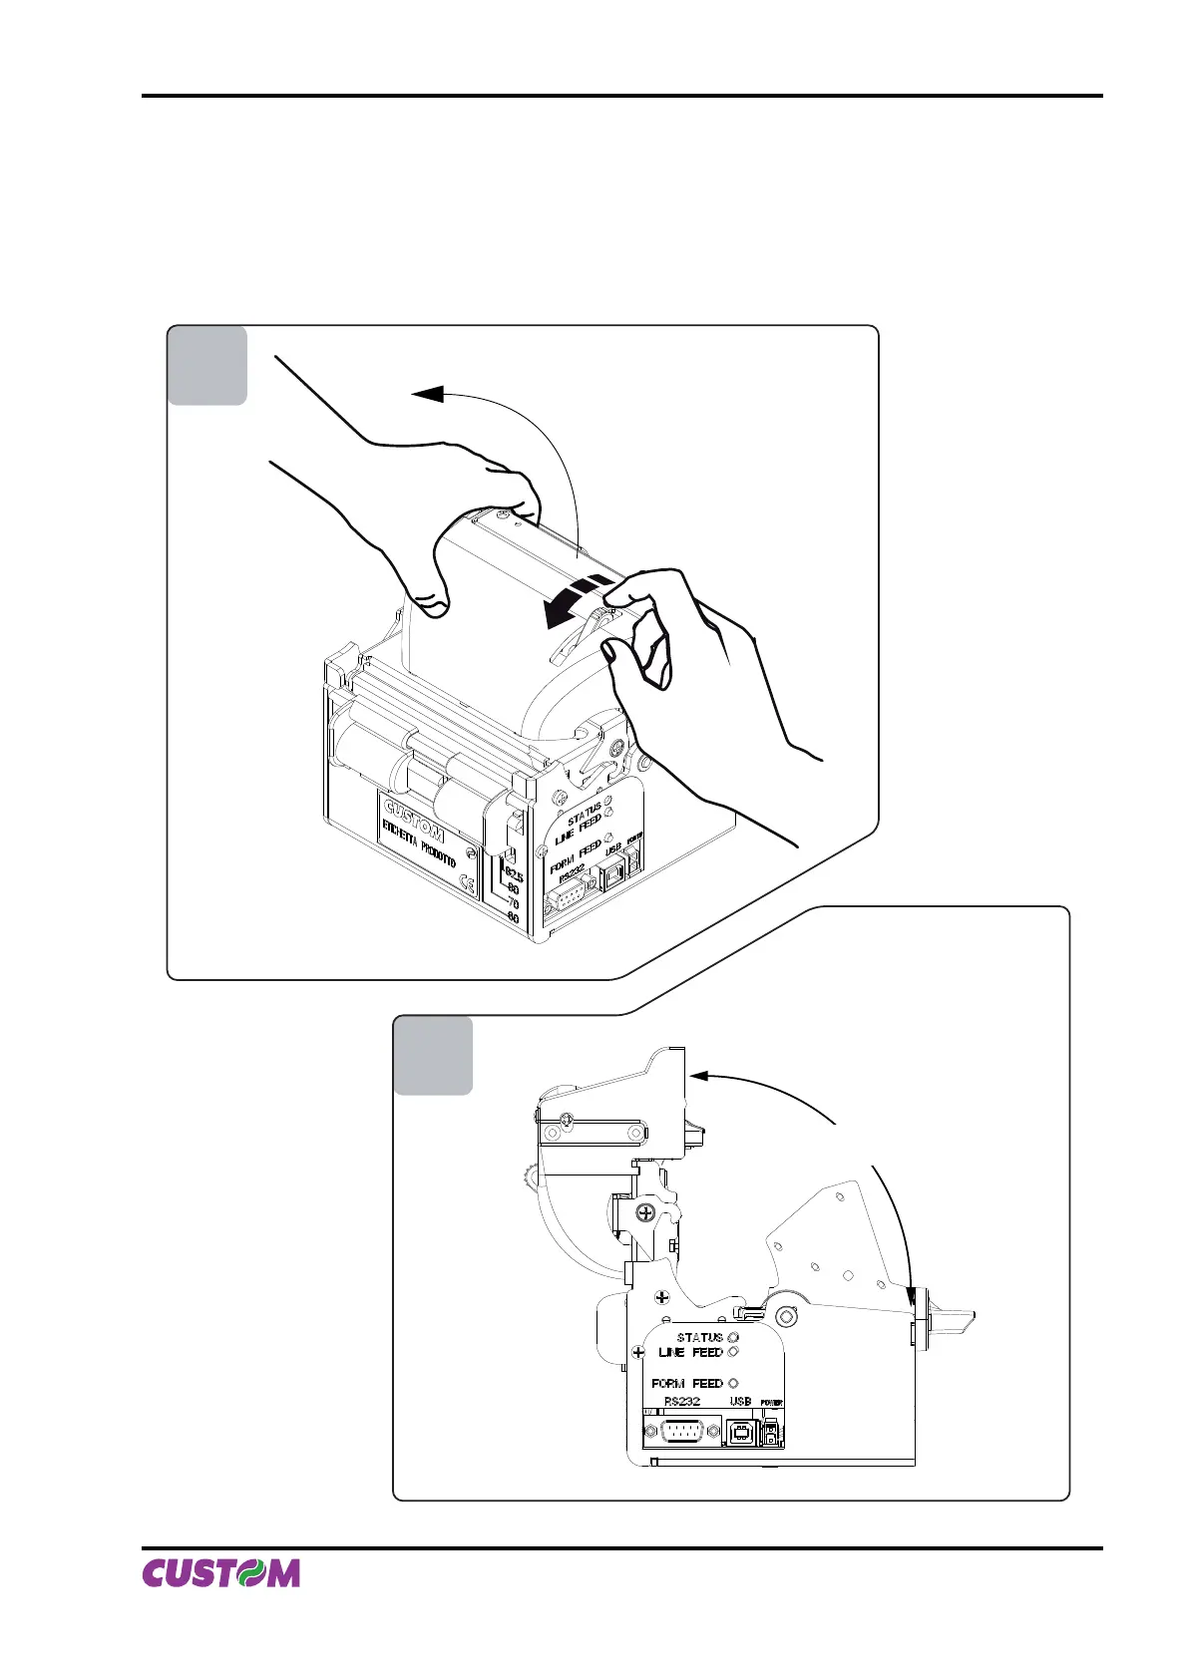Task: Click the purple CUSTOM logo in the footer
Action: [x=220, y=1572]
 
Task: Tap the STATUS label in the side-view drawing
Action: [x=699, y=1337]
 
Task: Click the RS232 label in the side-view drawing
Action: [x=682, y=1401]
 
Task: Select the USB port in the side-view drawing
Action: [x=740, y=1433]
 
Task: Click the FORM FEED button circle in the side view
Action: [x=734, y=1383]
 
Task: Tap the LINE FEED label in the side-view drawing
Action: [x=690, y=1353]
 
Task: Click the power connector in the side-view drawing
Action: [x=771, y=1435]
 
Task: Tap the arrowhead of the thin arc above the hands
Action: [x=428, y=394]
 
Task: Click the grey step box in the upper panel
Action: [x=207, y=365]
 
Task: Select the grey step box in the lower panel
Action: [x=433, y=1055]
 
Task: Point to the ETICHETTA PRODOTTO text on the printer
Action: [x=419, y=843]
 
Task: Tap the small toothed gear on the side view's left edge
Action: [x=530, y=1180]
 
